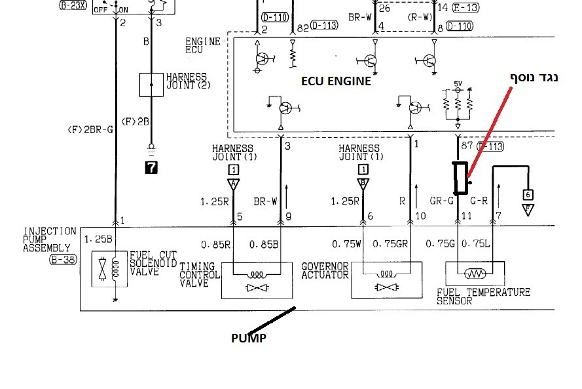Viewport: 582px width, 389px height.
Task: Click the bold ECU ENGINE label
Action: pos(336,82)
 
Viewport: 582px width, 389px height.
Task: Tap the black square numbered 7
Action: pos(151,167)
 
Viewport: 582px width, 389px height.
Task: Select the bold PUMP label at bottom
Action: pos(249,338)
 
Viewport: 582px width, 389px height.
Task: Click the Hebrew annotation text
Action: pos(534,77)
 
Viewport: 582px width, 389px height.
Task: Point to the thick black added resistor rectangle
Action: pos(462,178)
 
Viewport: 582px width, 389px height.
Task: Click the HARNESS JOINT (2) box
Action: pos(151,85)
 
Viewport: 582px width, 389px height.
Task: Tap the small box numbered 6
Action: pos(528,194)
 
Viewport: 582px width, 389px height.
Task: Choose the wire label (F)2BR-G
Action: pos(90,130)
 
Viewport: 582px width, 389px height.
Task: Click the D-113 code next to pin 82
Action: pos(323,26)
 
